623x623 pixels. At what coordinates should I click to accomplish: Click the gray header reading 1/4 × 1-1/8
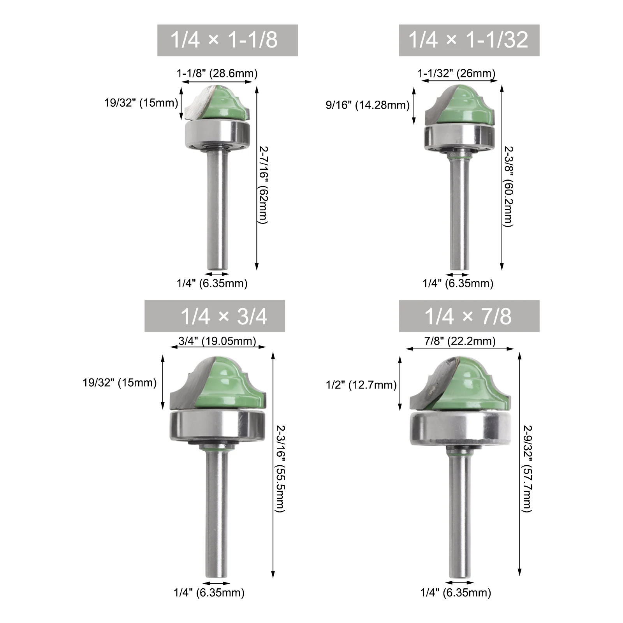click(x=227, y=40)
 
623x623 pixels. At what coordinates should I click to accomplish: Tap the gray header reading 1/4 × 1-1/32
click(x=469, y=40)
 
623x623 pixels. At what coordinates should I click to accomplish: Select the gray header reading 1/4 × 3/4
click(x=215, y=316)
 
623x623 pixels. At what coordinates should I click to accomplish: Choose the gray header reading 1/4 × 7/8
click(x=469, y=316)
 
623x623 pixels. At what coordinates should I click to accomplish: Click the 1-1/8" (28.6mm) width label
click(x=217, y=73)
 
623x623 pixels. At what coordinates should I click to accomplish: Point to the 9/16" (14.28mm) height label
click(x=368, y=105)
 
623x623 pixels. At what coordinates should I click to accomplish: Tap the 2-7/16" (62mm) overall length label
click(x=264, y=185)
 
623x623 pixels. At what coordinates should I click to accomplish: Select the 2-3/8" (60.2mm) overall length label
click(x=509, y=186)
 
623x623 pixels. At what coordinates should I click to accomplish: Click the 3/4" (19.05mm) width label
click(x=217, y=341)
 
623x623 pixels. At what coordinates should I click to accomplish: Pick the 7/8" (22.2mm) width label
click(x=460, y=341)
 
